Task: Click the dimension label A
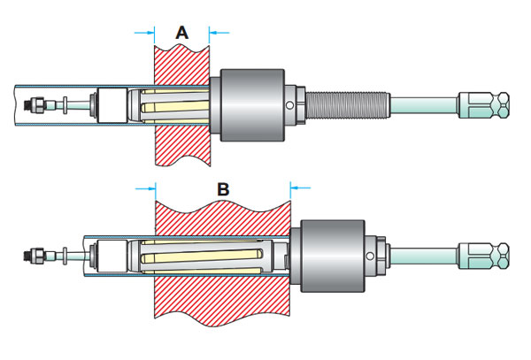pyautogui.click(x=182, y=33)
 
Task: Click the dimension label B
pyautogui.click(x=223, y=188)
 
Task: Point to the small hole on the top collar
pyautogui.click(x=290, y=109)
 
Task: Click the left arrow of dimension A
pyautogui.click(x=142, y=34)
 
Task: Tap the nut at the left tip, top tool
pyautogui.click(x=38, y=103)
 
